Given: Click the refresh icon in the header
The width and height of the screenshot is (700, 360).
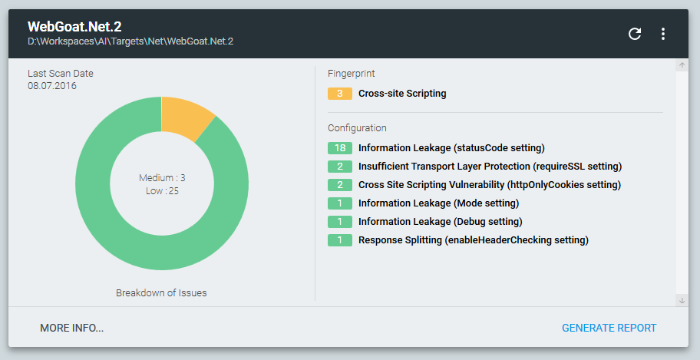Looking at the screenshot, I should click(x=635, y=34).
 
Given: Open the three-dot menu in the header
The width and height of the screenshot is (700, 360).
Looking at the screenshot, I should click(x=663, y=34).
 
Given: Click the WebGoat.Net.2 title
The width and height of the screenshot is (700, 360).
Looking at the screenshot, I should click(x=74, y=27).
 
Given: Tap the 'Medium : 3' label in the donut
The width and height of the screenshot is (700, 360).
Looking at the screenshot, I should click(x=162, y=177).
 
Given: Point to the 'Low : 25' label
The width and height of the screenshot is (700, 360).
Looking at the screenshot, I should click(x=162, y=190).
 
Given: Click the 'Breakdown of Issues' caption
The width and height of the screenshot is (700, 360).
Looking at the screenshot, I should click(x=161, y=292).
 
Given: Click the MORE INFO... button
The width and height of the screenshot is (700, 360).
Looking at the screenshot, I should click(x=71, y=328).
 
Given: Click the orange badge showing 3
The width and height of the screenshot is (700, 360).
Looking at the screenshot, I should click(x=339, y=94).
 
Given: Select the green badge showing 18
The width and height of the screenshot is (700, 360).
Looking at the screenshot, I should click(x=339, y=147).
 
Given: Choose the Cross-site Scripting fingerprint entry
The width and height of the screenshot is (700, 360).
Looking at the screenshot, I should click(x=402, y=94).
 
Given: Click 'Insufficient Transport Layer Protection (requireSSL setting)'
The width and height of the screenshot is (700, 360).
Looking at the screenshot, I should click(x=490, y=166).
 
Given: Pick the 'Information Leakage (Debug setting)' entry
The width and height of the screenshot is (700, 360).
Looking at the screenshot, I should click(x=440, y=221).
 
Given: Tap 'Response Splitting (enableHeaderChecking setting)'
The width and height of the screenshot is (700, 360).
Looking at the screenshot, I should click(x=473, y=239).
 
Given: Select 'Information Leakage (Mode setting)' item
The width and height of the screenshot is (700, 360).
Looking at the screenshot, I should click(x=438, y=203).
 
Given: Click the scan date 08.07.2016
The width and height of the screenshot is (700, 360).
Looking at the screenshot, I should click(x=52, y=86).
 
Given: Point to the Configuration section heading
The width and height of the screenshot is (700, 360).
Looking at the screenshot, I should click(x=357, y=128).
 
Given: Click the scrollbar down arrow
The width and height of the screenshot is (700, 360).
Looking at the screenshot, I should click(x=682, y=300).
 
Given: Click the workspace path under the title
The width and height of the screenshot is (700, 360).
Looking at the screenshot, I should click(x=130, y=41).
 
